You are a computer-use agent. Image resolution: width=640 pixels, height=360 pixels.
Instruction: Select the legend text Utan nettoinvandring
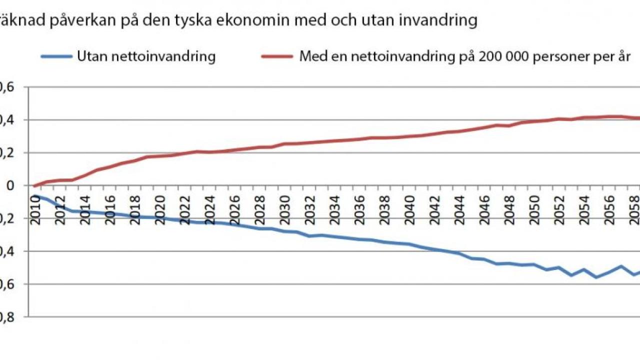point(146,56)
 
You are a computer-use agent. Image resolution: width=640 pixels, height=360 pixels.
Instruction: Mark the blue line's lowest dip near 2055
point(596,277)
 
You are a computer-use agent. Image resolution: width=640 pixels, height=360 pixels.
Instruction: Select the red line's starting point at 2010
point(34,185)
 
